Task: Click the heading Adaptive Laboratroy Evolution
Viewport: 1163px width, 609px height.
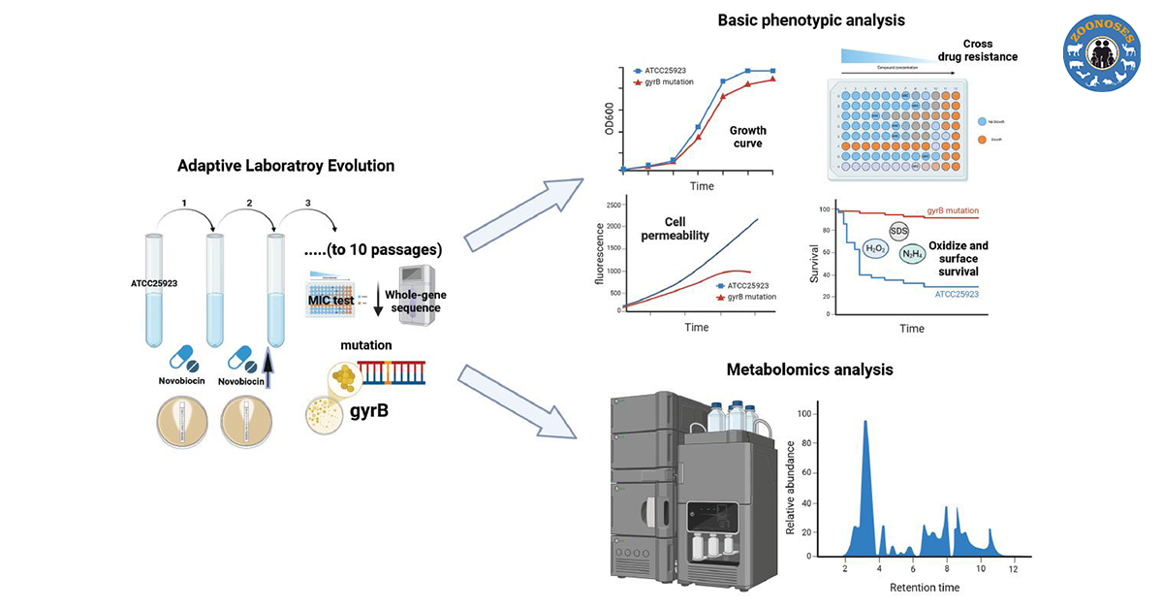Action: pyautogui.click(x=286, y=166)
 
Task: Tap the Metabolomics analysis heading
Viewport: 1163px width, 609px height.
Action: pyautogui.click(x=809, y=369)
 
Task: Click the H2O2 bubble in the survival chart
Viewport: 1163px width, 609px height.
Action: pyautogui.click(x=875, y=247)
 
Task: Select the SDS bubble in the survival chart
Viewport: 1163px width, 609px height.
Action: pyautogui.click(x=898, y=231)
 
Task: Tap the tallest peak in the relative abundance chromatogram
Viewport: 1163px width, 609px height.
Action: pyautogui.click(x=865, y=423)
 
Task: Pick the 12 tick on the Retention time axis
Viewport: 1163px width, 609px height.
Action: pyautogui.click(x=1013, y=569)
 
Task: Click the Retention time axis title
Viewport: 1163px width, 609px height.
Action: pyautogui.click(x=925, y=588)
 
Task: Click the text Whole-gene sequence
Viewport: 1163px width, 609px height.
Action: pyautogui.click(x=413, y=301)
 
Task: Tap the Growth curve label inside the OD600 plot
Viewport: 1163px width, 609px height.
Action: pyautogui.click(x=747, y=137)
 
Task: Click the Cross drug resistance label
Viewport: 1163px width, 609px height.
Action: pyautogui.click(x=978, y=50)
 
